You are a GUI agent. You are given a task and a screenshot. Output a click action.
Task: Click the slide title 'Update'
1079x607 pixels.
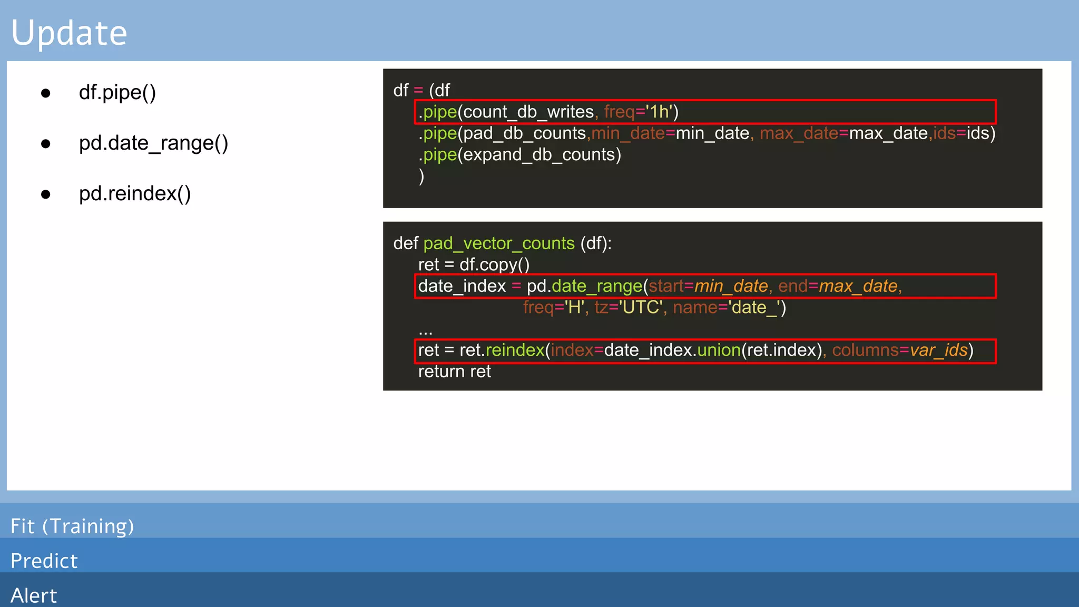click(69, 33)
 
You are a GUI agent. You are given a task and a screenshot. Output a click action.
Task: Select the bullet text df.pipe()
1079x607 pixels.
click(117, 93)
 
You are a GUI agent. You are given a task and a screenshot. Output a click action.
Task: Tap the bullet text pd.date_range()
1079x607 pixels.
click(153, 143)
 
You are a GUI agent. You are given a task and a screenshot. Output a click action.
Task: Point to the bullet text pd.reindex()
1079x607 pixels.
click(134, 194)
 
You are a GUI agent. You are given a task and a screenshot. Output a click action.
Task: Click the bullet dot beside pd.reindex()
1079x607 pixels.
click(46, 194)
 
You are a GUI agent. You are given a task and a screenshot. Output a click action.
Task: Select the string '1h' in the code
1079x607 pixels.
click(659, 112)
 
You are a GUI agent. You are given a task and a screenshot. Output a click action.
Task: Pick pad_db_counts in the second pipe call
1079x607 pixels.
click(525, 133)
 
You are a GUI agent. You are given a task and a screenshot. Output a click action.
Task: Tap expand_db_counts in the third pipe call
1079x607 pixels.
click(539, 155)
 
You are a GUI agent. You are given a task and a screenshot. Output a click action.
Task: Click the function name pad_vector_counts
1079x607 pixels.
click(498, 243)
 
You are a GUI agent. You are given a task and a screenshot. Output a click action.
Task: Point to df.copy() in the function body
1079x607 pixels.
click(494, 265)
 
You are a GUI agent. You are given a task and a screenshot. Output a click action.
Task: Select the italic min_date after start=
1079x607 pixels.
click(731, 286)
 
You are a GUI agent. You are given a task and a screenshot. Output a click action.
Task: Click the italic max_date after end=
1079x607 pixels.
click(858, 286)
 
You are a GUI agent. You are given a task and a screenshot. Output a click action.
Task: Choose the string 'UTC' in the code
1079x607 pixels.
click(640, 307)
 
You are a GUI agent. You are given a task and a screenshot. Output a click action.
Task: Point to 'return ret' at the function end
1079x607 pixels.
click(454, 371)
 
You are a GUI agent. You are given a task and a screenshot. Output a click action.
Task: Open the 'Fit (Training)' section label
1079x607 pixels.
click(72, 526)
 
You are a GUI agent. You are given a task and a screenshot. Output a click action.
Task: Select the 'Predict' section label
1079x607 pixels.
click(44, 561)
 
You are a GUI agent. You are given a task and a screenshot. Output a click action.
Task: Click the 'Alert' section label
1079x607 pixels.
click(34, 595)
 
